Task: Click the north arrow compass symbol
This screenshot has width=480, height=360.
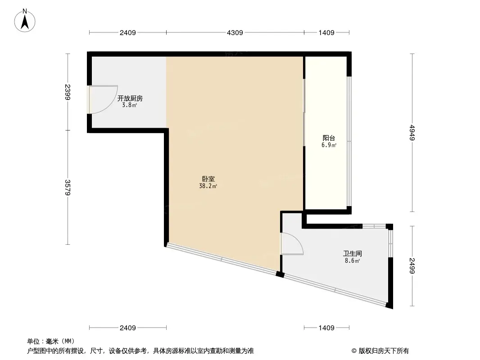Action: click(26, 22)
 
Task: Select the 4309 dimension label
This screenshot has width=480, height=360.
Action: click(235, 32)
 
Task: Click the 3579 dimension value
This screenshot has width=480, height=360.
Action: click(68, 188)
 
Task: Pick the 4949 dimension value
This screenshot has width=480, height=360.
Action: click(412, 133)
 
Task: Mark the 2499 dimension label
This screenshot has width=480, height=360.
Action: click(412, 266)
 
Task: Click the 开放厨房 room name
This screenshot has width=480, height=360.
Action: click(130, 98)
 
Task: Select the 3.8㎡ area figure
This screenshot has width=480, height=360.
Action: click(130, 105)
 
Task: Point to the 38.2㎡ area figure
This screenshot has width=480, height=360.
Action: click(208, 185)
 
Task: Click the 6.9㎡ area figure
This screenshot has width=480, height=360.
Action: click(329, 145)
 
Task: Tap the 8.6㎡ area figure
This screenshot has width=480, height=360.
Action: click(352, 261)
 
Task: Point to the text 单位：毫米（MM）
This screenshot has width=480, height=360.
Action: click(50, 341)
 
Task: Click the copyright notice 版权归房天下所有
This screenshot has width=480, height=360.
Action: click(380, 351)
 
